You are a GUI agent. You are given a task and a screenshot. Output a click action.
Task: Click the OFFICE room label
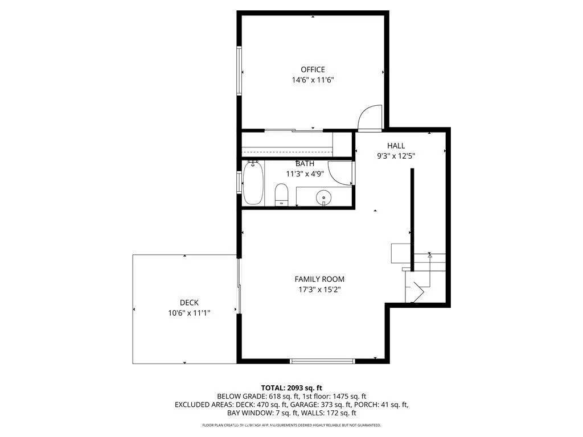pos(313,69)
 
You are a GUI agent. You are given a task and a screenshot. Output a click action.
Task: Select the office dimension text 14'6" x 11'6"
pos(313,80)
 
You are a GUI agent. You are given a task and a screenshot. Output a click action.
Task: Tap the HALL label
pos(396,146)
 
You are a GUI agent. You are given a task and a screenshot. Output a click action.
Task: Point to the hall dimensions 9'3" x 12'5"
pos(396,156)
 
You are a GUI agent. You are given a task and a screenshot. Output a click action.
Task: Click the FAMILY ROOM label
pos(319,279)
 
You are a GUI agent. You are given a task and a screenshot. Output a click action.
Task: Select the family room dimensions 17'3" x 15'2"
pos(319,289)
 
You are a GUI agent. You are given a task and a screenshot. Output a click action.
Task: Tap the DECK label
pos(189,303)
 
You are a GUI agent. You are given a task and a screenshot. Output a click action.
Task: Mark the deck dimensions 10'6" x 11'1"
pos(189,313)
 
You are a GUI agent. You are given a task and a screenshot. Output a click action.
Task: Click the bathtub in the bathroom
pos(253,184)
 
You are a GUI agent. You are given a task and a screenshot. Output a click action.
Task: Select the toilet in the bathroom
pos(282,195)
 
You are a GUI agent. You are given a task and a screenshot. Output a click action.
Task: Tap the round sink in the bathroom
pos(323,199)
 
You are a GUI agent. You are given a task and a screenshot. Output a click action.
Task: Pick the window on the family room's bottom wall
pos(322,360)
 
